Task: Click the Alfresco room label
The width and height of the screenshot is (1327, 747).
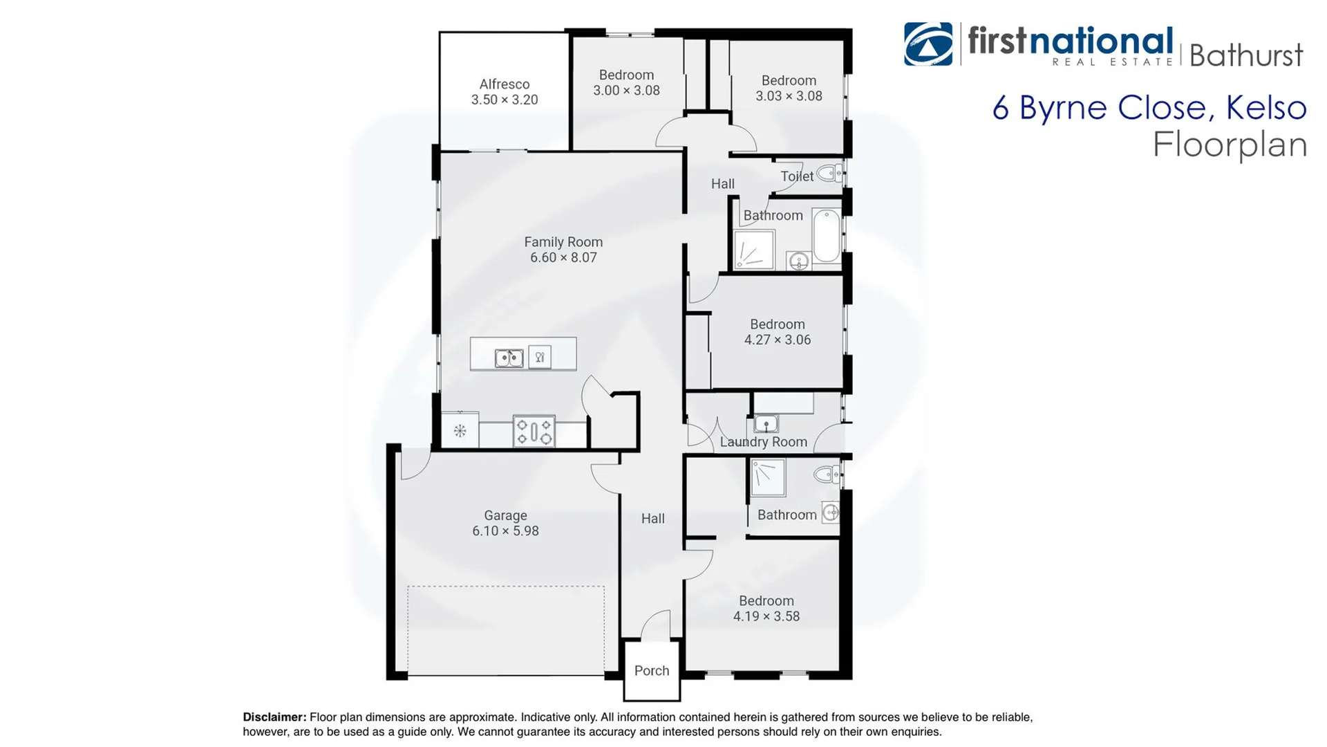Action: click(505, 84)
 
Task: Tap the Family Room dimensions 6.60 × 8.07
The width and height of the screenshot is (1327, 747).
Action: click(563, 257)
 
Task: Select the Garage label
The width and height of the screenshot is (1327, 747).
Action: click(505, 515)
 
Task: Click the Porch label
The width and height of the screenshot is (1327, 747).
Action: click(652, 670)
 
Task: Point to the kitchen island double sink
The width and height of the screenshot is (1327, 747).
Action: click(509, 358)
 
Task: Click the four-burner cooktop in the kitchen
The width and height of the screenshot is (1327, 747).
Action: click(534, 431)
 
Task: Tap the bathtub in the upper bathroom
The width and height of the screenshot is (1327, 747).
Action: click(827, 235)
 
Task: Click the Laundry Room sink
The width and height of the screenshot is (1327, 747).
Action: click(766, 423)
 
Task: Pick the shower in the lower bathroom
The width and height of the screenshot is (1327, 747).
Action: click(768, 478)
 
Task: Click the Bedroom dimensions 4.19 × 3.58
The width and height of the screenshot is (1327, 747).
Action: click(766, 616)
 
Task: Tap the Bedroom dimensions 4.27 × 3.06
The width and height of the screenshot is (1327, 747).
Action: click(778, 340)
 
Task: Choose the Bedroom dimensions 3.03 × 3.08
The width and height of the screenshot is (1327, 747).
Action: click(789, 96)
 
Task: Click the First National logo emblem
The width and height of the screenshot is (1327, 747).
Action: click(928, 44)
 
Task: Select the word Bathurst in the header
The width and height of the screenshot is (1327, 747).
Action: click(1246, 55)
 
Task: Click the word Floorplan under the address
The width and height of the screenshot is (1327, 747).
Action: click(1230, 145)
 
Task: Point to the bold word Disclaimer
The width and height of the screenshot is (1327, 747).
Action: click(274, 717)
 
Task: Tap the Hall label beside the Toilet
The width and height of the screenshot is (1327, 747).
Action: click(723, 184)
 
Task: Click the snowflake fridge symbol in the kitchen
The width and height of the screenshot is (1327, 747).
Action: click(460, 431)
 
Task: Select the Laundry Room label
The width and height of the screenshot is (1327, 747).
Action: click(764, 442)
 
